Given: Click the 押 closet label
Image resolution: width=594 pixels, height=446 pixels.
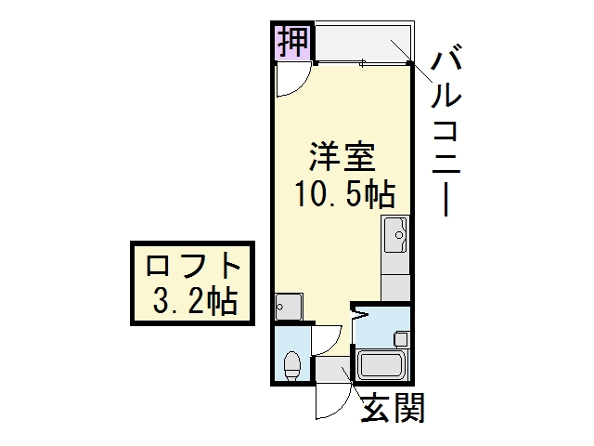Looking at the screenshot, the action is [292, 42].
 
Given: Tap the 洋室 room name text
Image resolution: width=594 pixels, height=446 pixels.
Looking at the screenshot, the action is [342, 156].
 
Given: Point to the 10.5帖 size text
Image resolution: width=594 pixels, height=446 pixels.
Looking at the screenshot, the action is [345, 194].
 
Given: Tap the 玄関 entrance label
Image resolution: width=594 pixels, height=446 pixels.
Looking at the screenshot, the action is [393, 408].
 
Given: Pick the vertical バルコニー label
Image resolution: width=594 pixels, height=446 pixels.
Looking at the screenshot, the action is [446, 130].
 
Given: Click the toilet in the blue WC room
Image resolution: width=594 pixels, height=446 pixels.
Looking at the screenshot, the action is [292, 365].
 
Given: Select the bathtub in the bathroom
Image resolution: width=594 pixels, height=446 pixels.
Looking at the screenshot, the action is [381, 364].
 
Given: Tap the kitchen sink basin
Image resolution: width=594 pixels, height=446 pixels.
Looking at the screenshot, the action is [396, 235].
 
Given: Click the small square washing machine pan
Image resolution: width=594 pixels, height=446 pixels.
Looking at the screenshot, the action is [289, 307].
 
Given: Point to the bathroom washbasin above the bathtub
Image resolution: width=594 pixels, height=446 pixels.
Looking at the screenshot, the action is [401, 338].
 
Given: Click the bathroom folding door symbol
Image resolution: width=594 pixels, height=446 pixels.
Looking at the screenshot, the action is [359, 313].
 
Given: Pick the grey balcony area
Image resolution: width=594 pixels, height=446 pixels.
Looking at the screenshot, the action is [363, 42].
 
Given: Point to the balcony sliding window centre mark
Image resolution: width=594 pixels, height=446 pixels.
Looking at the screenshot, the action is [363, 63].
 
